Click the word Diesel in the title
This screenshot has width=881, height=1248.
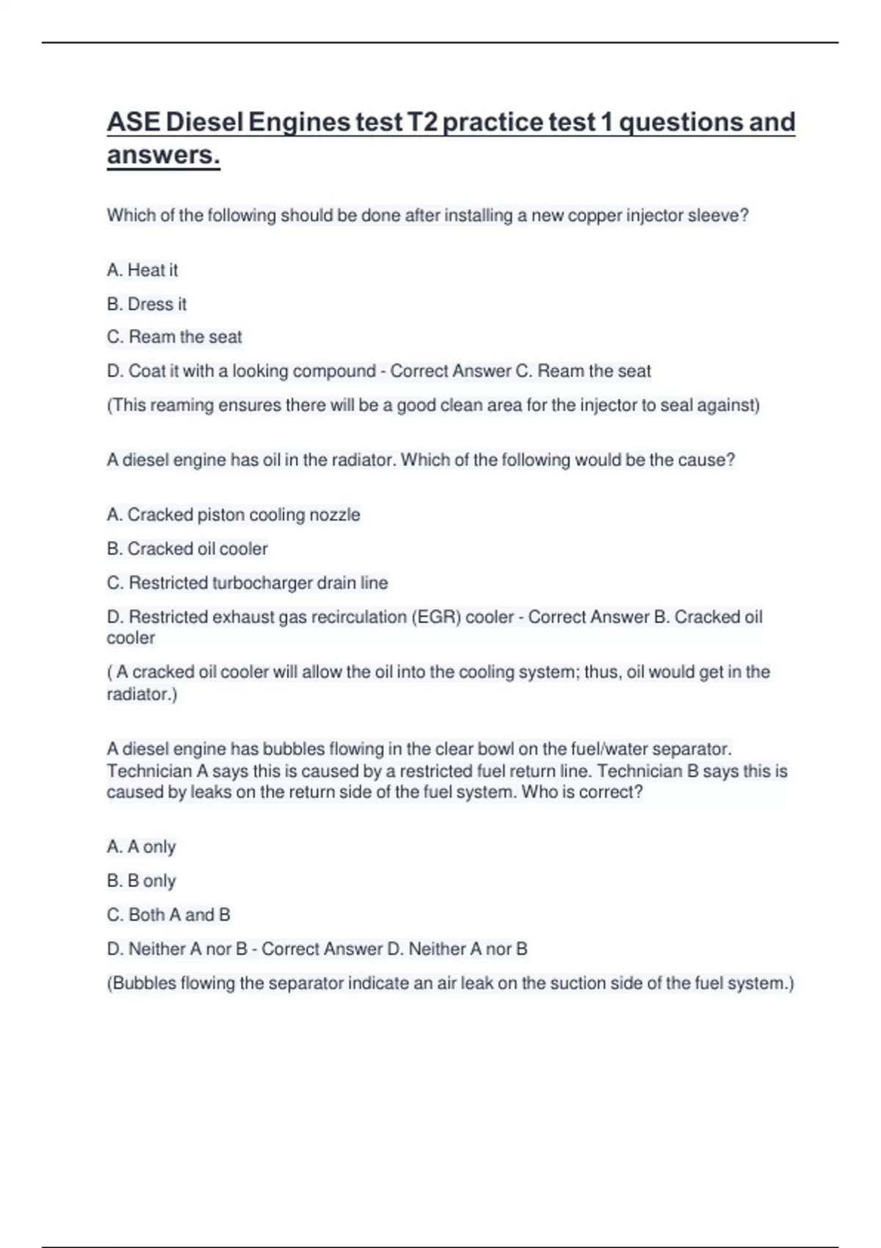pyautogui.click(x=205, y=122)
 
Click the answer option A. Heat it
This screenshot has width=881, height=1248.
pyautogui.click(x=142, y=270)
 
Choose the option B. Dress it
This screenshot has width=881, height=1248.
pyautogui.click(x=147, y=304)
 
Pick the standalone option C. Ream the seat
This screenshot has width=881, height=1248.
pyautogui.click(x=175, y=337)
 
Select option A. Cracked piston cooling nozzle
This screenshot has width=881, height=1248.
pyautogui.click(x=233, y=515)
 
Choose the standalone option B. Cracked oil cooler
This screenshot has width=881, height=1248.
pyautogui.click(x=187, y=549)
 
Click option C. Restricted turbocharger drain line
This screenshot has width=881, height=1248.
pyautogui.click(x=247, y=583)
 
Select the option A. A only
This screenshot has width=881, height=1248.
pyautogui.click(x=142, y=847)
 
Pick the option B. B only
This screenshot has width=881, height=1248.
pyautogui.click(x=142, y=881)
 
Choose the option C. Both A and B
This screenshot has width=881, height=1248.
pyautogui.click(x=169, y=915)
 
